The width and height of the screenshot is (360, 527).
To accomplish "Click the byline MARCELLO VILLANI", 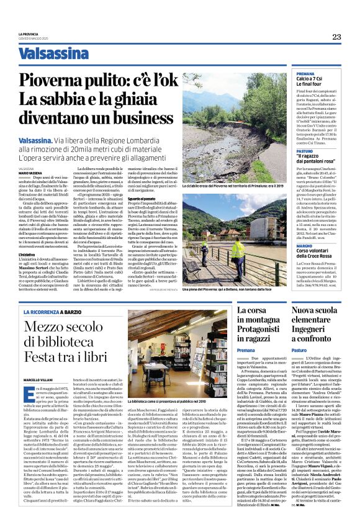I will pos(36,362).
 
